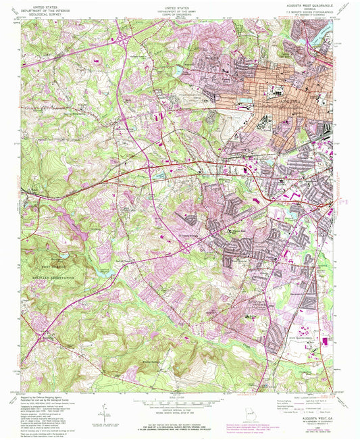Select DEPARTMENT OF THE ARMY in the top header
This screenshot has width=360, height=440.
pos(174,8)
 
